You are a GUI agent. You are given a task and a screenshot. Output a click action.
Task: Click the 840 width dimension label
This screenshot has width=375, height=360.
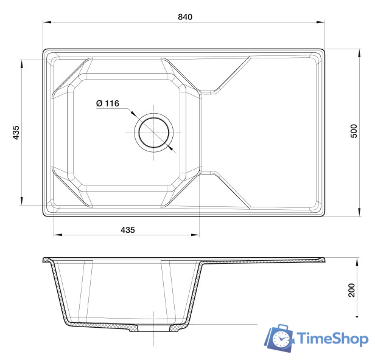pyautogui.click(x=185, y=16)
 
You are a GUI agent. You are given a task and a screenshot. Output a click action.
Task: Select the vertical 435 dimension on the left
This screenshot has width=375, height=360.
pyautogui.click(x=16, y=133)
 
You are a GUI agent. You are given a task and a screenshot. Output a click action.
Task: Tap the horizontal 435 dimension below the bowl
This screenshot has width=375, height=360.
pyautogui.click(x=127, y=230)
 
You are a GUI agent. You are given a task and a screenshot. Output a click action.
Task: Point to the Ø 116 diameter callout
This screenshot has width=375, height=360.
pyautogui.click(x=107, y=103)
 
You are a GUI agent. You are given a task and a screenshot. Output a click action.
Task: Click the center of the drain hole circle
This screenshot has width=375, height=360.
pyautogui.click(x=154, y=133)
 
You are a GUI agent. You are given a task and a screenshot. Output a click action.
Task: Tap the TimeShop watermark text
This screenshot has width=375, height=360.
pyautogui.click(x=332, y=339)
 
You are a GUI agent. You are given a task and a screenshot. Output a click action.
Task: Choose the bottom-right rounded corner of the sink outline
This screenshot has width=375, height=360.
pyautogui.click(x=322, y=213)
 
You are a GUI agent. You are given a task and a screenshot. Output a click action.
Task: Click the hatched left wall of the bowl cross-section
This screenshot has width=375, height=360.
pyautogui.click(x=59, y=292)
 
